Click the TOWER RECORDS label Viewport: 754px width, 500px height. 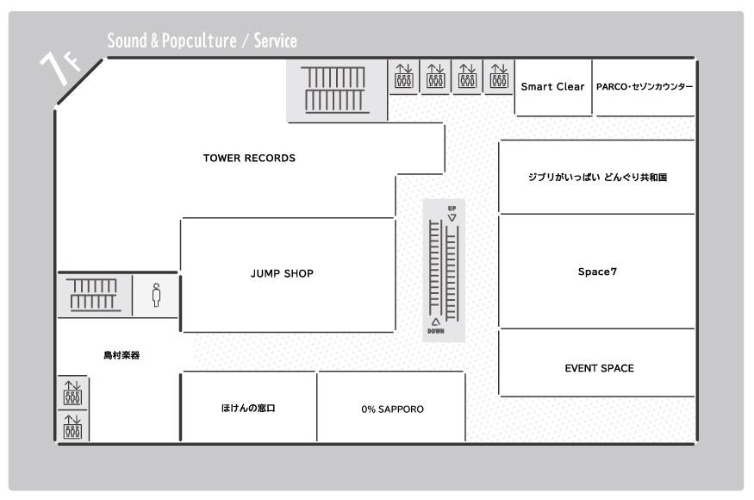249,159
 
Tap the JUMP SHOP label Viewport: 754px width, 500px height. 282,274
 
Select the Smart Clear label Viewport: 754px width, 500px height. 552,86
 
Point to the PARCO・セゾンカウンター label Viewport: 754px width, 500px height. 645,86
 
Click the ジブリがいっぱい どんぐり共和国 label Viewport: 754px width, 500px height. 597,177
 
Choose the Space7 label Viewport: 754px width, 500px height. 597,272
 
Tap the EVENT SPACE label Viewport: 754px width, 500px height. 599,368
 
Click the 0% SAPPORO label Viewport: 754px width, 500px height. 392,409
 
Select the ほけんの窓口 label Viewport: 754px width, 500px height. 248,408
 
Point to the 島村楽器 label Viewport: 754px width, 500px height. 122,355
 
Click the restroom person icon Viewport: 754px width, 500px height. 156,295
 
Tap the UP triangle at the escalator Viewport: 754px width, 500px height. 452,218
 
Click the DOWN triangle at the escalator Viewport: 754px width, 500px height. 436,322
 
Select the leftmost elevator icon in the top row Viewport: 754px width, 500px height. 404,76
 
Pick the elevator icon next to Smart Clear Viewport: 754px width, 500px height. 499,76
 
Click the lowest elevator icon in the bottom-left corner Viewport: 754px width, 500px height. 72,427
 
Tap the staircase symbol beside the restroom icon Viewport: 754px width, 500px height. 93,295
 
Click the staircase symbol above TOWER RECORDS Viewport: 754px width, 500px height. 334,90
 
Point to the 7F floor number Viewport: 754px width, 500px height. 59,67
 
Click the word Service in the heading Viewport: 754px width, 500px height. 276,41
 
